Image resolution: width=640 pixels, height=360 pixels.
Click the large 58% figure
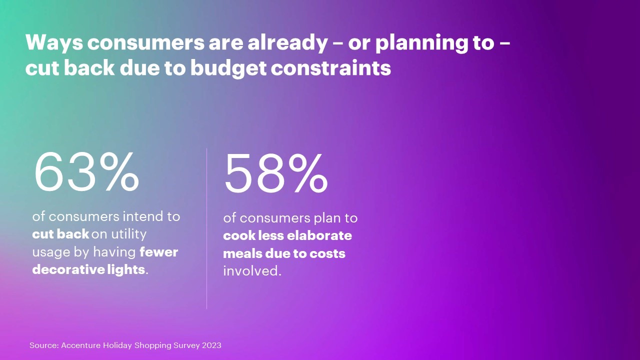click(x=276, y=173)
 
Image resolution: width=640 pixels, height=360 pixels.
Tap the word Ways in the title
click(x=54, y=43)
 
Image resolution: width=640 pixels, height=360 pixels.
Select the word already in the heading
click(x=287, y=43)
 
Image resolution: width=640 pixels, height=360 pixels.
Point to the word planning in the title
click(x=420, y=43)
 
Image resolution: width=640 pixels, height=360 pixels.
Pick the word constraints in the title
click(x=331, y=69)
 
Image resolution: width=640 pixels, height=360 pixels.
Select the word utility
click(x=128, y=234)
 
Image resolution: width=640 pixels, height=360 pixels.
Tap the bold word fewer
click(x=159, y=252)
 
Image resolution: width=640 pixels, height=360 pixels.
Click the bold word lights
click(x=126, y=269)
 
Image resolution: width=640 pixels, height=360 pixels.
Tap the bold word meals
click(x=242, y=253)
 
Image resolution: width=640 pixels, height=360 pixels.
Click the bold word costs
click(x=327, y=253)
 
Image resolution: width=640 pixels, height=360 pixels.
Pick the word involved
click(x=252, y=271)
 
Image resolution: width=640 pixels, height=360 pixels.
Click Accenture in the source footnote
click(x=81, y=345)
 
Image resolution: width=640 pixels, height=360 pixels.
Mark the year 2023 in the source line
click(x=211, y=345)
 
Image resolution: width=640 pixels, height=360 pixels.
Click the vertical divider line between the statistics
click(x=206, y=228)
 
